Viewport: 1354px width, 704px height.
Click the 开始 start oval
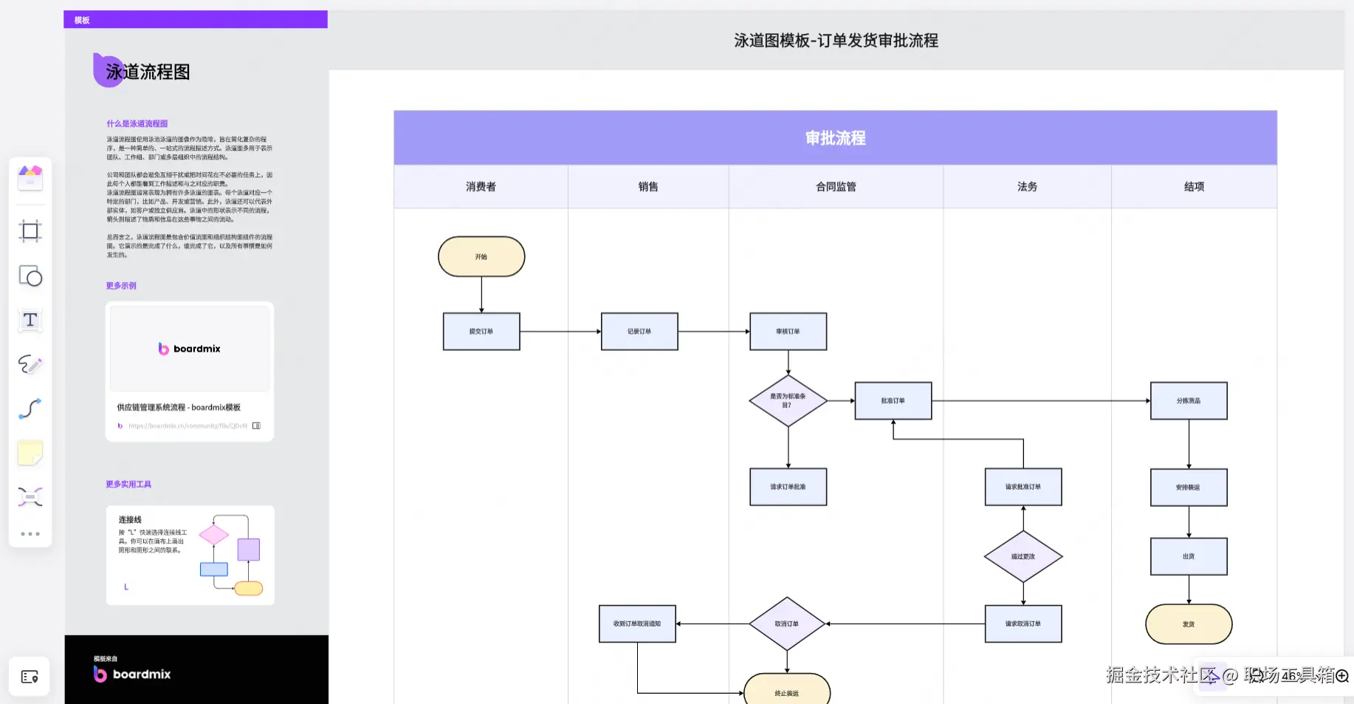point(481,256)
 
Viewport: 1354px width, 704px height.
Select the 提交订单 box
point(481,331)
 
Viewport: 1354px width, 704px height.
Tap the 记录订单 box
point(639,331)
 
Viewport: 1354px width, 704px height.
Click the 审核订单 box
point(788,331)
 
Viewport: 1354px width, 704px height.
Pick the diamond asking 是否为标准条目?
point(788,400)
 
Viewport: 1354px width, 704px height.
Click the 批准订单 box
point(893,400)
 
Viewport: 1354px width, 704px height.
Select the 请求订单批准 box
point(788,487)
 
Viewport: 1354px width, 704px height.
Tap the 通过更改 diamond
point(1023,556)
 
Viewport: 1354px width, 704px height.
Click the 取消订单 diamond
point(786,623)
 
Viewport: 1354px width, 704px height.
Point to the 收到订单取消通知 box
point(637,623)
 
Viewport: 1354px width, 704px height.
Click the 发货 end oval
point(1188,624)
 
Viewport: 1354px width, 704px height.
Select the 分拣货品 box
point(1188,400)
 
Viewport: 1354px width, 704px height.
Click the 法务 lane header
point(1027,187)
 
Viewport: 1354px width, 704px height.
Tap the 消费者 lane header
point(481,187)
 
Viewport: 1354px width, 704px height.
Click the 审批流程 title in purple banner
point(835,138)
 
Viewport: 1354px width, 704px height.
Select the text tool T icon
point(30,320)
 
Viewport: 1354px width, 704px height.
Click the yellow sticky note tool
point(30,453)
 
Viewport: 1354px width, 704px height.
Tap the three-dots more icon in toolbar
point(30,533)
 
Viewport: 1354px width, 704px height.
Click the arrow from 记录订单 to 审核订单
point(713,331)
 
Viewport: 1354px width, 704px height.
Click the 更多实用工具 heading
point(128,484)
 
